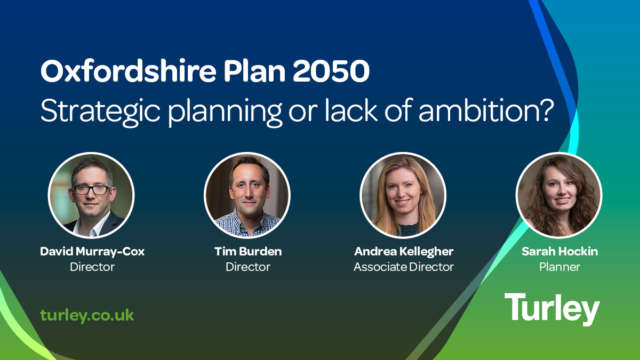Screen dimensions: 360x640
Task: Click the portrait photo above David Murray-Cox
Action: pos(91,195)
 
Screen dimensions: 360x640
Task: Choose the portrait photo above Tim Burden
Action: pos(247,195)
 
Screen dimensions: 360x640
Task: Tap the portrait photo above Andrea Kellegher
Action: pos(403,195)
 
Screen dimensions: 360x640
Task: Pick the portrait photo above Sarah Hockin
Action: pos(559,195)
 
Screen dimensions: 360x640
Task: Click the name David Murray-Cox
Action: pos(92,252)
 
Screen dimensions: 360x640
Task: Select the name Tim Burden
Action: pos(248,252)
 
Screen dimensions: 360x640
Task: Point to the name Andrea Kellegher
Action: pos(403,252)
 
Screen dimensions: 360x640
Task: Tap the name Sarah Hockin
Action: pos(559,252)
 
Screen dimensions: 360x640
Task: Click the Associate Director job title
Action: pos(403,267)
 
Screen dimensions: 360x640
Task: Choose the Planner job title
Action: pos(559,267)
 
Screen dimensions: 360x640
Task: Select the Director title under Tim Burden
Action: pos(248,267)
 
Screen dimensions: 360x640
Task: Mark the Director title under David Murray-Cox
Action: pos(92,267)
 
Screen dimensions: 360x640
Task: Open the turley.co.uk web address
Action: pos(87,315)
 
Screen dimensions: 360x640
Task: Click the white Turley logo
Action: pos(552,309)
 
